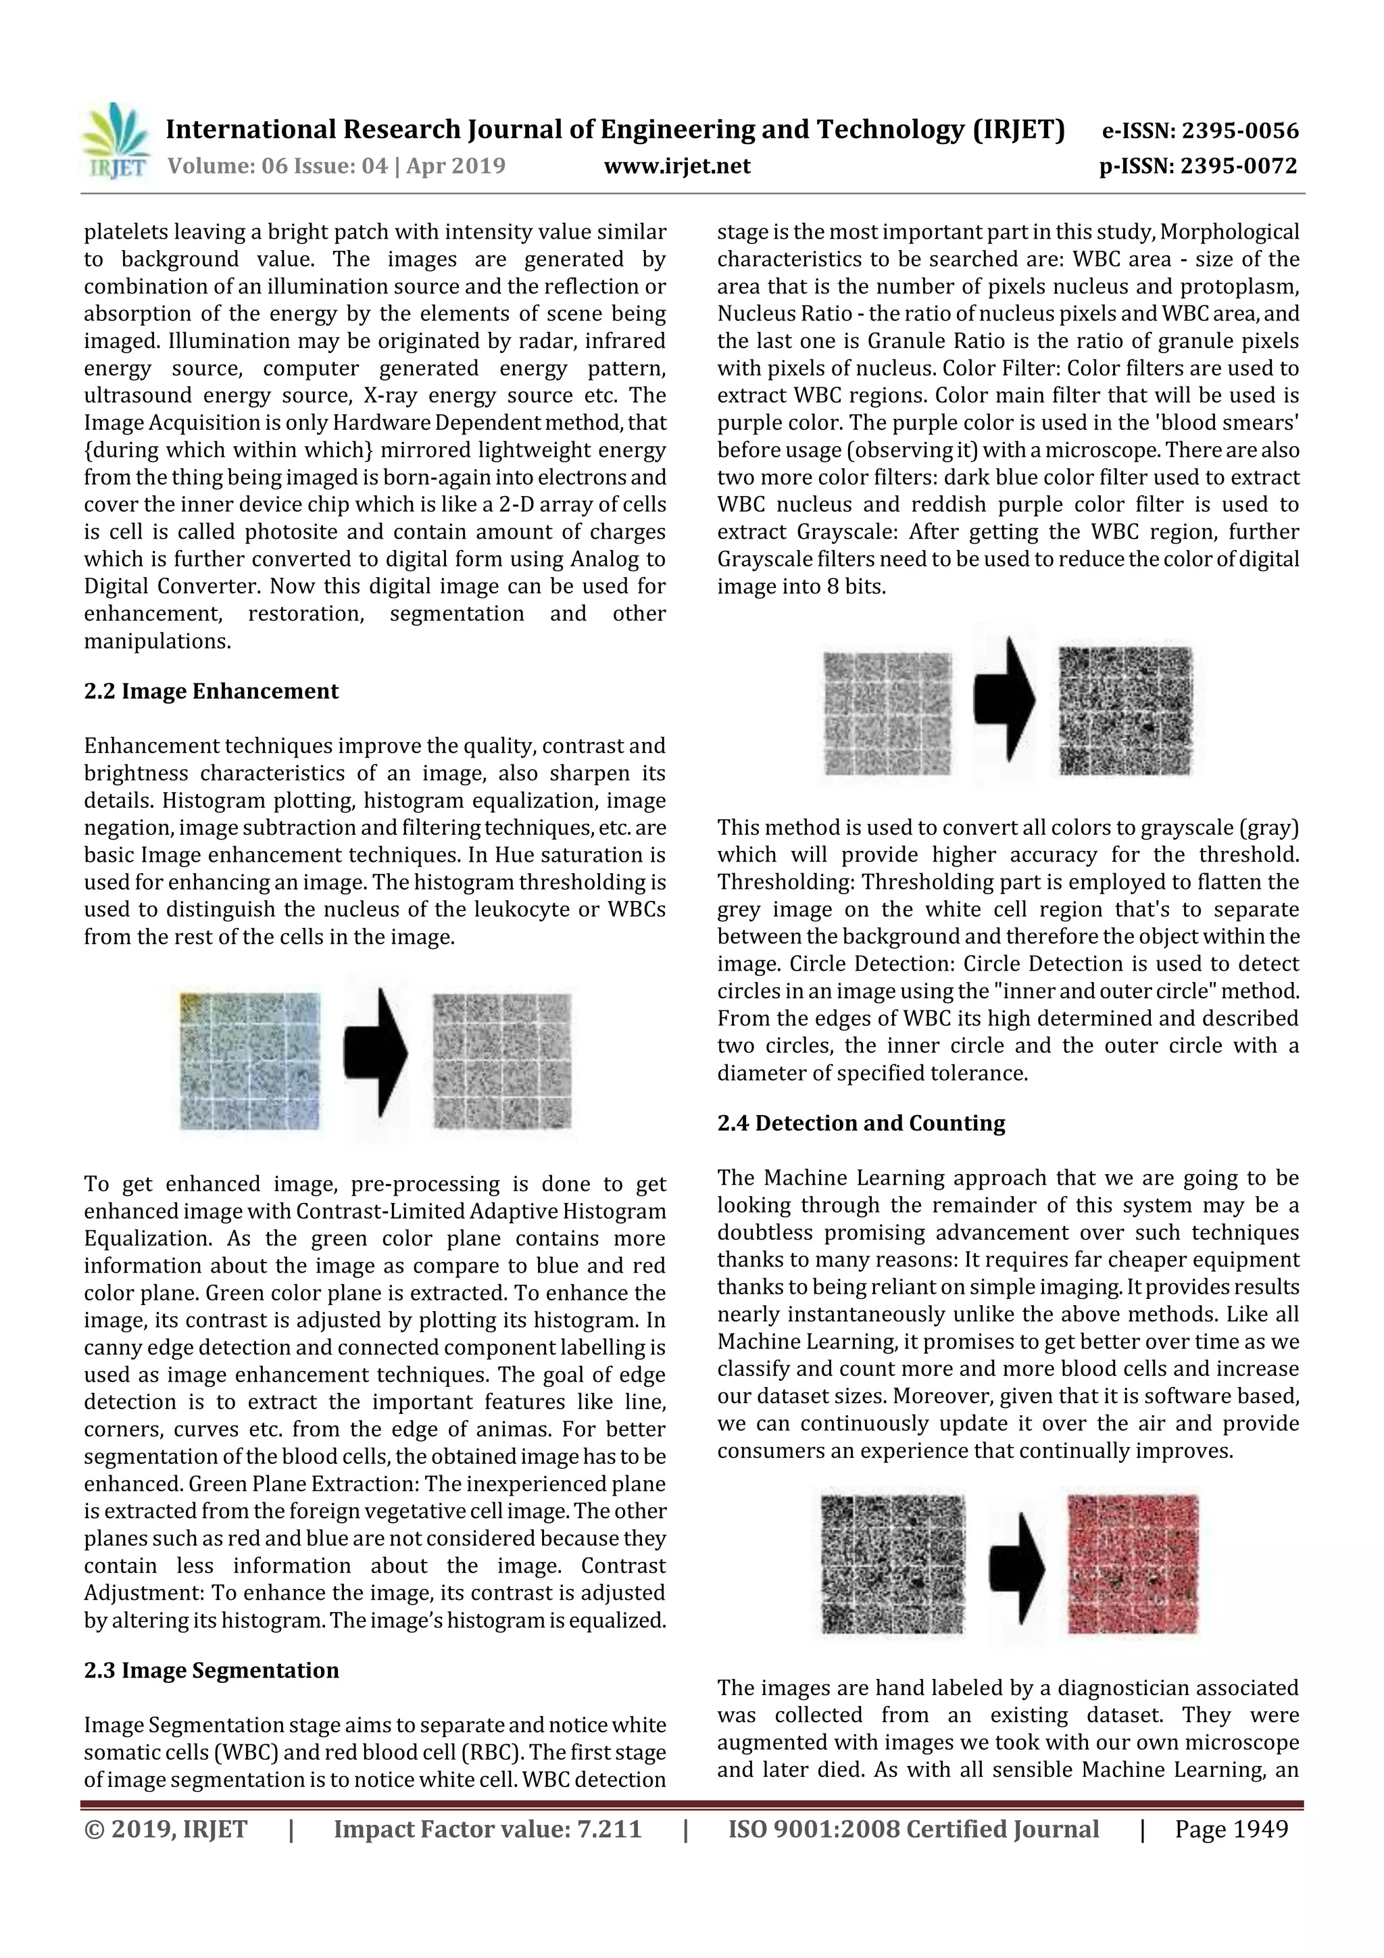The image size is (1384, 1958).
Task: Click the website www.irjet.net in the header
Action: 677,166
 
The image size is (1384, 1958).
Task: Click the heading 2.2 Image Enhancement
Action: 211,691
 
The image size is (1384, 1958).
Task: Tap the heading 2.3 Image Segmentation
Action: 211,1670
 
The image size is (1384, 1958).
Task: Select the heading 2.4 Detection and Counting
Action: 860,1123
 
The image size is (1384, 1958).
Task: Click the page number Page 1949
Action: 1231,1829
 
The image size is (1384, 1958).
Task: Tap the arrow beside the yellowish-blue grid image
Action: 375,1055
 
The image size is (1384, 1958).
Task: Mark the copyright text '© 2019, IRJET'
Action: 166,1829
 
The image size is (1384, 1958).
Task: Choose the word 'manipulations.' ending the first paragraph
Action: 157,641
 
